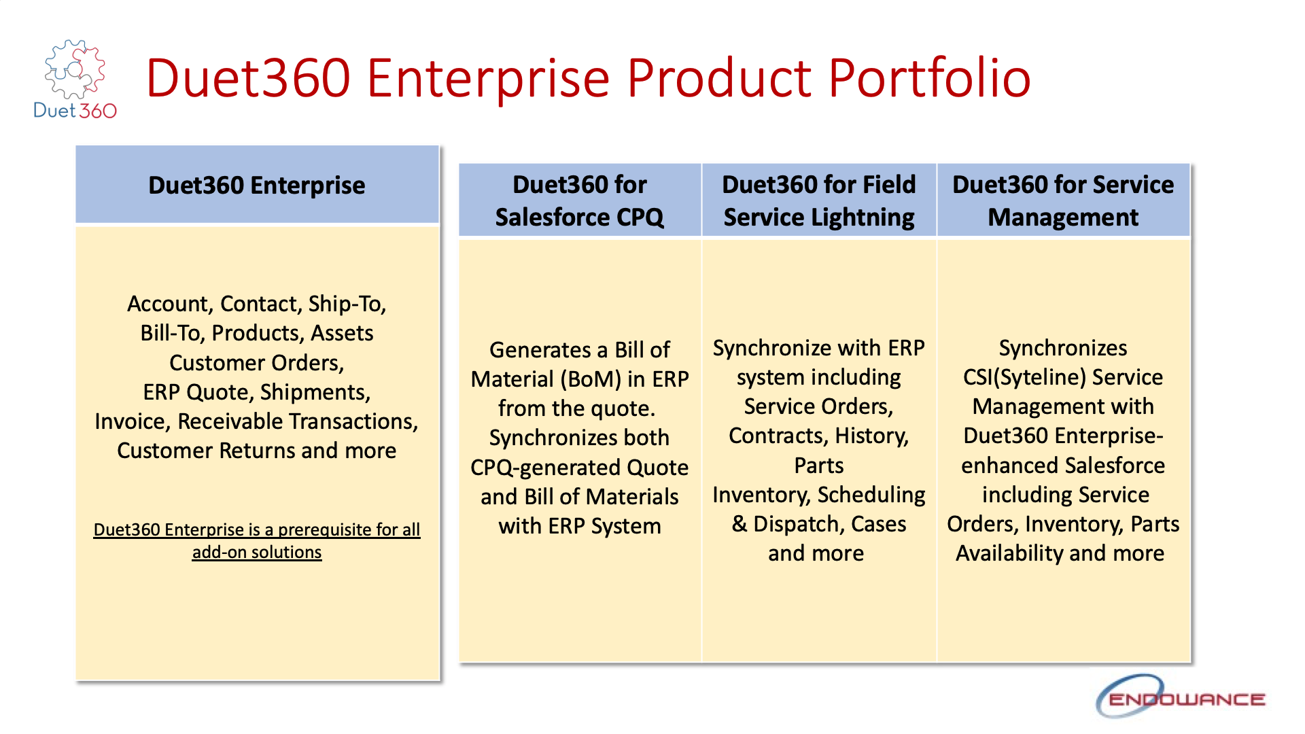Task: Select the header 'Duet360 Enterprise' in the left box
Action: [257, 186]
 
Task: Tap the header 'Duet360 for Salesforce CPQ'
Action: [580, 200]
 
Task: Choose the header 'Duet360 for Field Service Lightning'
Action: [818, 200]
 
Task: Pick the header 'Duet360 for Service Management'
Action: [1062, 200]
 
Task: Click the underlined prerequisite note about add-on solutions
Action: [257, 540]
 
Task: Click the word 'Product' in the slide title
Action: [718, 78]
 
